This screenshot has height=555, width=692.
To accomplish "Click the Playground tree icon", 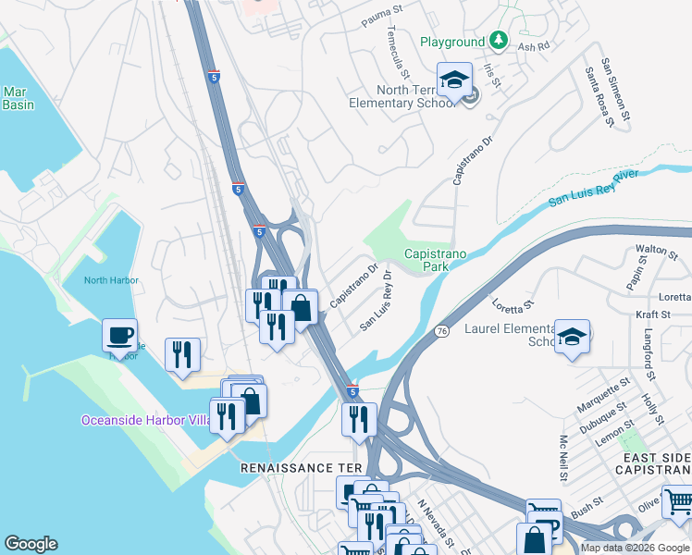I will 500,41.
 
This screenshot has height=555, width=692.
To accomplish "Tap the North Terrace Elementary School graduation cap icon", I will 455,80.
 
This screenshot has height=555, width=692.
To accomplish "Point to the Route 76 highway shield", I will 440,331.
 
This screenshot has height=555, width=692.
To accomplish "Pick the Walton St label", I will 656,249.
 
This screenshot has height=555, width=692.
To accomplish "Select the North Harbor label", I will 111,280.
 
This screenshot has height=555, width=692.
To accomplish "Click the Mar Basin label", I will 18,98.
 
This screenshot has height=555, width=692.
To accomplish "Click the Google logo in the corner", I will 31,544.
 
